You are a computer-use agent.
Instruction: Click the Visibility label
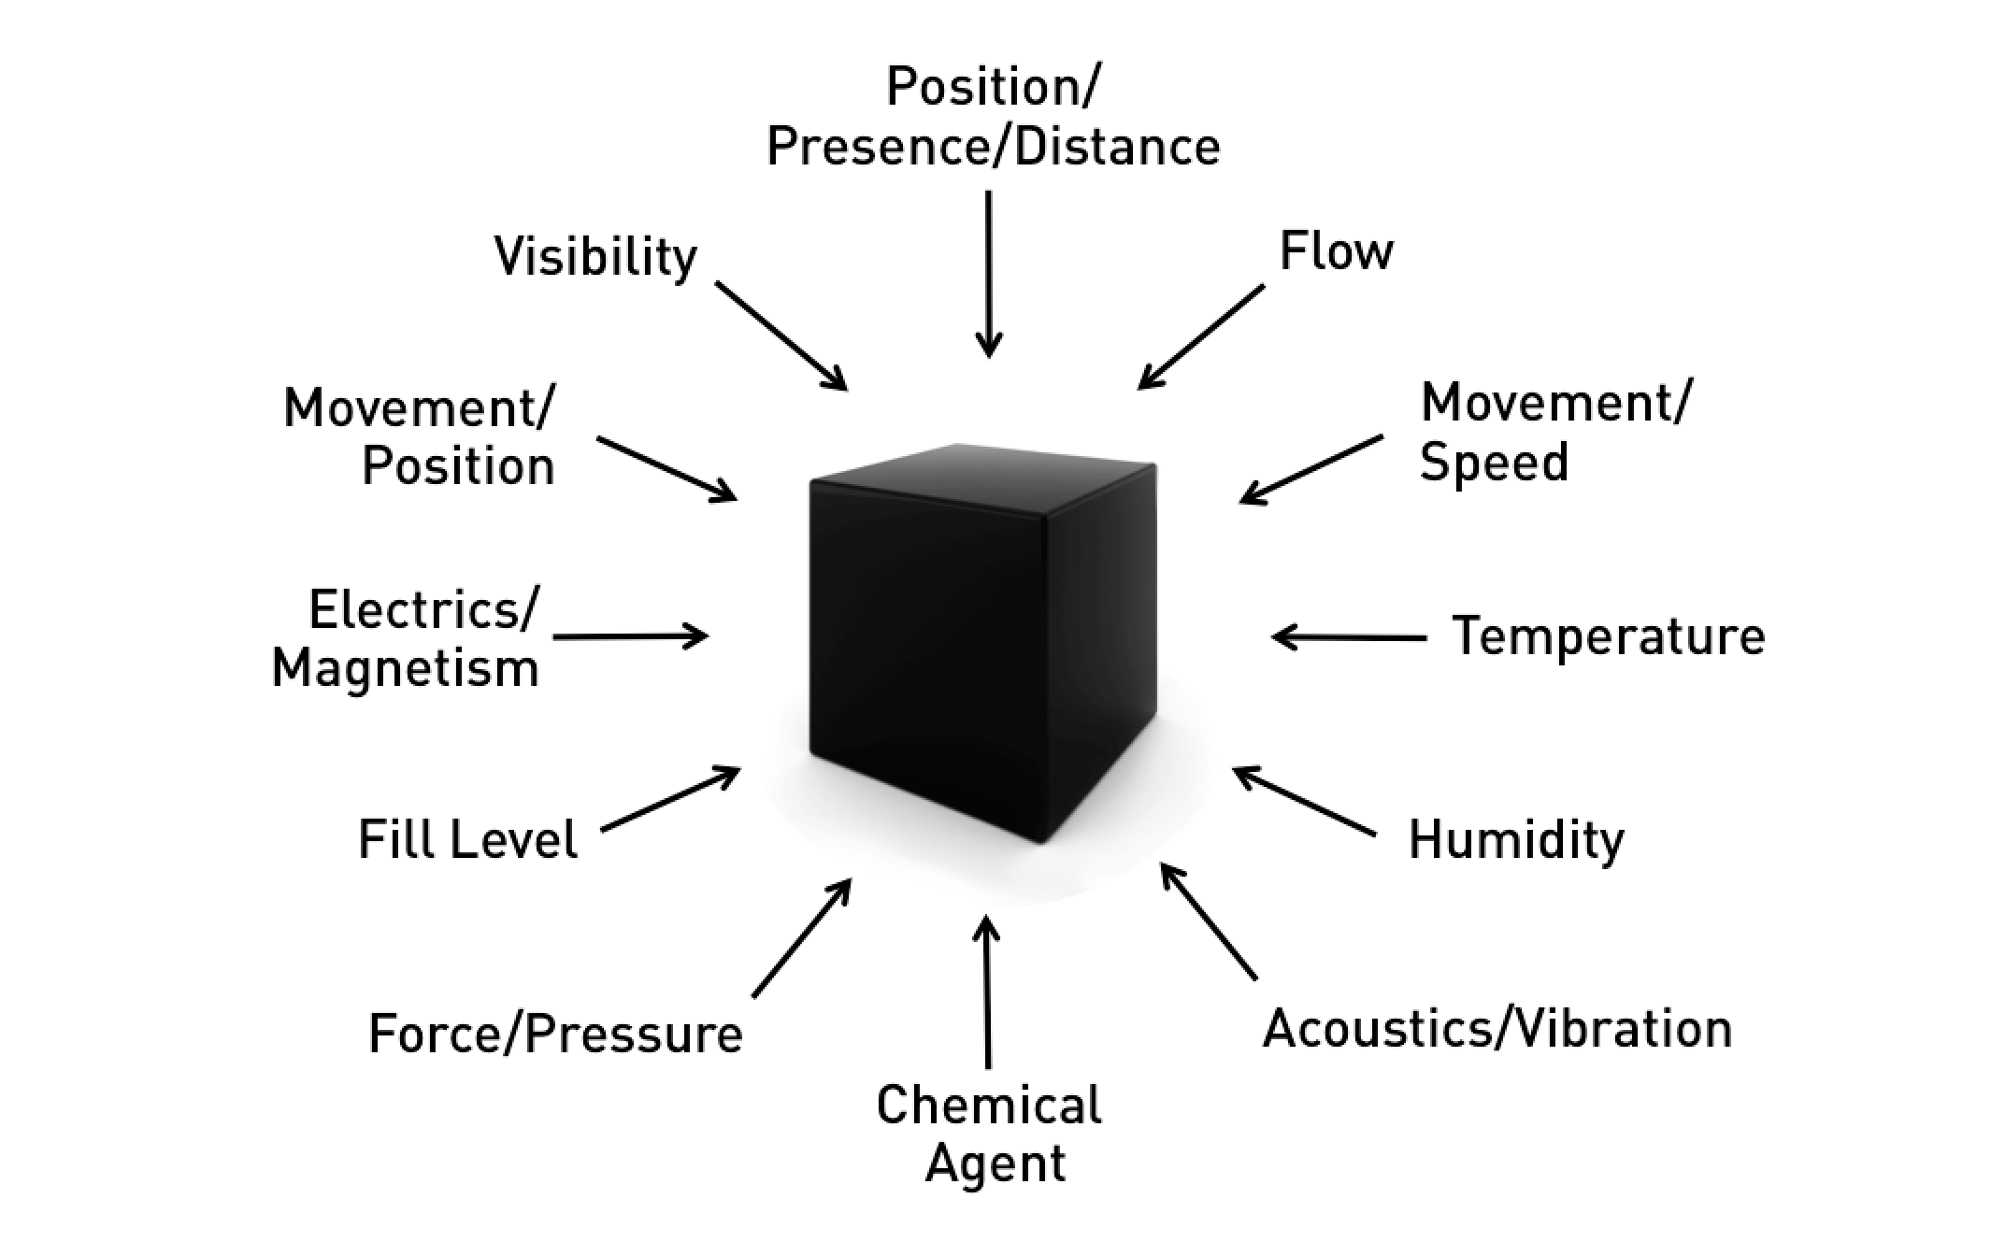595,257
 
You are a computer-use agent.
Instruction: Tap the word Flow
1336,251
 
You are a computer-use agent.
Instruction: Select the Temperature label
1609,636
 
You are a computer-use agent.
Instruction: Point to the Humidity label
1516,839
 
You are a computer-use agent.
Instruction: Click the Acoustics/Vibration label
1497,1029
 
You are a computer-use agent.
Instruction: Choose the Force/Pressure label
555,1034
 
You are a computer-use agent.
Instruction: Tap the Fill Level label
468,838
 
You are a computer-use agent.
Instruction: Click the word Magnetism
406,669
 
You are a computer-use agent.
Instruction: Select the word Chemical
989,1105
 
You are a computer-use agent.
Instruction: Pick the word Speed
1494,463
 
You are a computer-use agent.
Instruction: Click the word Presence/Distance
993,147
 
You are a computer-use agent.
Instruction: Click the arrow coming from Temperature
1349,637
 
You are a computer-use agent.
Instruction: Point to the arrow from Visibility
781,335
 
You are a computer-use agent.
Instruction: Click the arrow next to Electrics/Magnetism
631,636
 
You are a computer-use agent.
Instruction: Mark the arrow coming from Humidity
1304,801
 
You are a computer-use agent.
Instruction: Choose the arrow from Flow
1201,336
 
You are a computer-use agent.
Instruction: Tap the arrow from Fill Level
670,799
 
